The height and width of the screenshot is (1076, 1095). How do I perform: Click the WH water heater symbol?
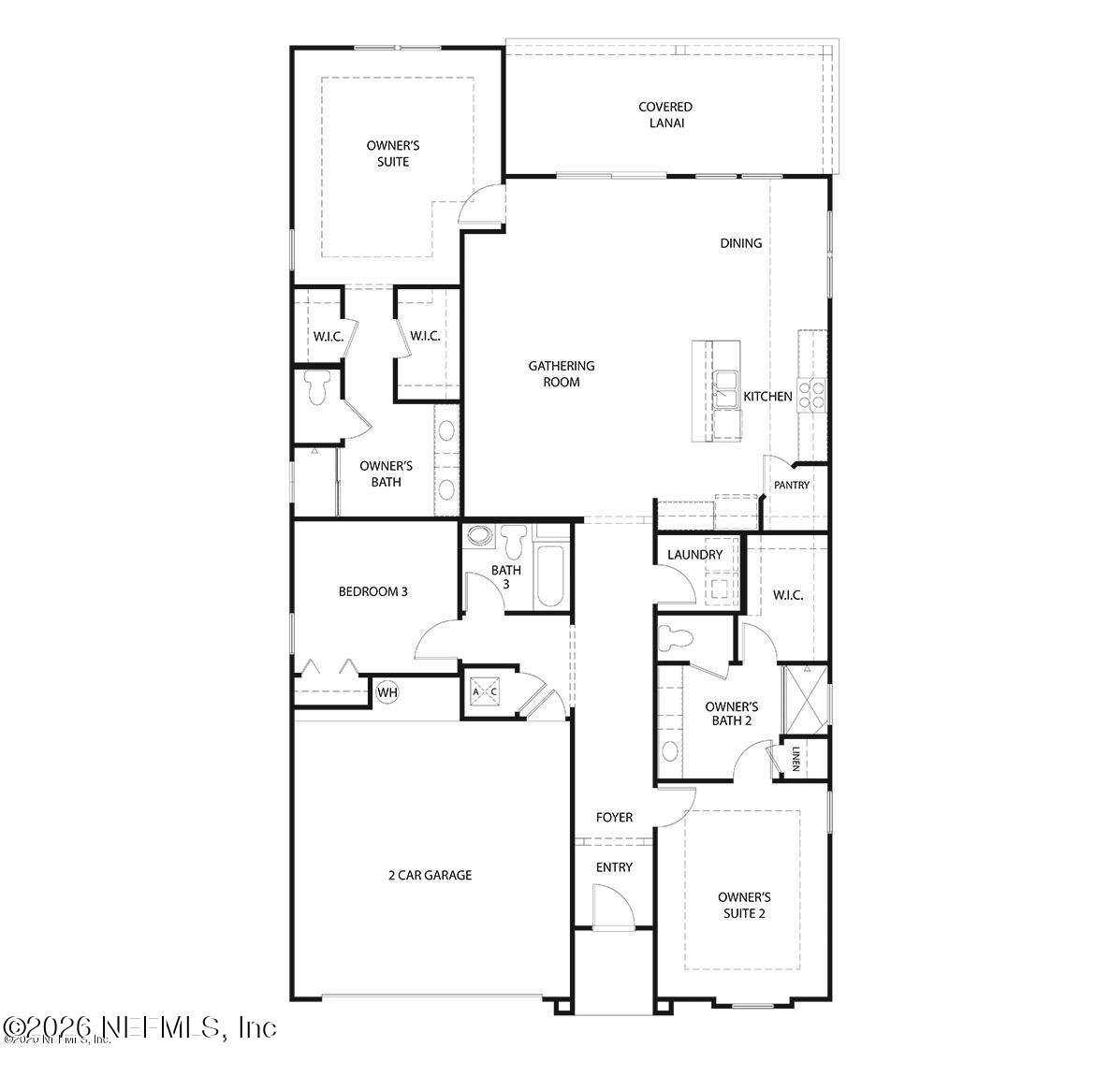(x=387, y=692)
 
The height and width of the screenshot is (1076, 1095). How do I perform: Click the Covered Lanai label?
(x=665, y=114)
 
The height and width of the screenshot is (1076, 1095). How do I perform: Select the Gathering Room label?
(x=562, y=373)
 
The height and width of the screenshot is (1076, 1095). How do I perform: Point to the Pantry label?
(x=792, y=486)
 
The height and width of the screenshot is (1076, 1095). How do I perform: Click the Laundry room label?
(x=695, y=555)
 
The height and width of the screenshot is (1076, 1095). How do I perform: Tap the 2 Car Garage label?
(x=430, y=876)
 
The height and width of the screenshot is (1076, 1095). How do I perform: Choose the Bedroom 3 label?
(x=372, y=591)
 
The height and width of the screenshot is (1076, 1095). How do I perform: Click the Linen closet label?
(x=796, y=760)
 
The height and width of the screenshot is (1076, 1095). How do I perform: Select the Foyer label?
(x=615, y=818)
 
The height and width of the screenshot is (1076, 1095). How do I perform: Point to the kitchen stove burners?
(x=811, y=396)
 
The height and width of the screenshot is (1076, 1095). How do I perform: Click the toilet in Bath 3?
(x=513, y=541)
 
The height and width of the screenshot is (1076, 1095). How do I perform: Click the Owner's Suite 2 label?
(x=744, y=905)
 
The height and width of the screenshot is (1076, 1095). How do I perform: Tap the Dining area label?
(x=741, y=243)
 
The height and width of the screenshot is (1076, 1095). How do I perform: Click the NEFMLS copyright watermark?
(x=140, y=1027)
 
